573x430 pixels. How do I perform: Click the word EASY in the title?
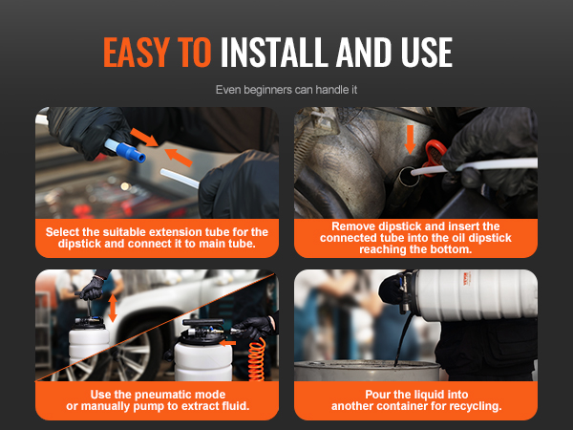pos(137,52)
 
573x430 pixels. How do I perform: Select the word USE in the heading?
pos(427,52)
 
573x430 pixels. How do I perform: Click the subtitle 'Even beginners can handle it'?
pos(286,90)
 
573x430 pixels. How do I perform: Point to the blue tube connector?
pos(131,152)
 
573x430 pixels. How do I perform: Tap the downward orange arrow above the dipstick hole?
pos(410,140)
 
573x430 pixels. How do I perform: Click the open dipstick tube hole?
pos(407,177)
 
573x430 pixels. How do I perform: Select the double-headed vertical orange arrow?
pos(113,309)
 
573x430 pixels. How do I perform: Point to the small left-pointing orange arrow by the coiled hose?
pos(227,343)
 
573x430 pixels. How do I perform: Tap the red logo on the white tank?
pos(467,279)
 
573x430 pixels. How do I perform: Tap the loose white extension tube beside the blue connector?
pos(180,179)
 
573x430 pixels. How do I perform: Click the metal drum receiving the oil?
pos(367,370)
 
